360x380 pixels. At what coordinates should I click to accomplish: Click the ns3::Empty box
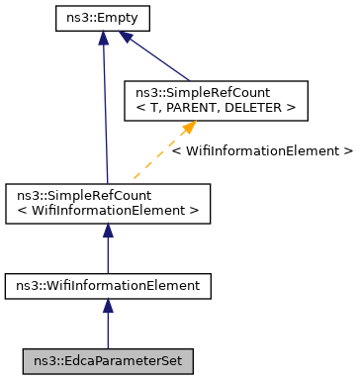pyautogui.click(x=103, y=17)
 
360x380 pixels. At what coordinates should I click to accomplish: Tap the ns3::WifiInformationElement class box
pyautogui.click(x=108, y=286)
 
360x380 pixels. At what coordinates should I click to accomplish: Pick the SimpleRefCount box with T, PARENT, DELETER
pyautogui.click(x=207, y=100)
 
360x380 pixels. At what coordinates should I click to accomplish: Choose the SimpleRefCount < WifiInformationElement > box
pyautogui.click(x=108, y=201)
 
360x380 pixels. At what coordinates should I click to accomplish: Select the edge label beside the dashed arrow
pyautogui.click(x=261, y=151)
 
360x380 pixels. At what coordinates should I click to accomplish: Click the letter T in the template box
pyautogui.click(x=155, y=107)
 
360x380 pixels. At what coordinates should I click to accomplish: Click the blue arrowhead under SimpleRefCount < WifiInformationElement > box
pyautogui.click(x=108, y=230)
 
